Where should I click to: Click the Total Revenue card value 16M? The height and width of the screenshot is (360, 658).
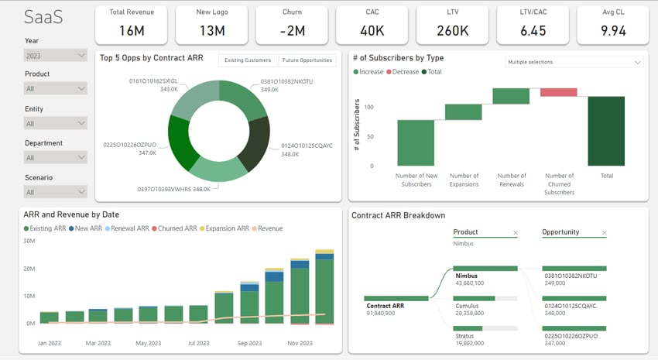pyautogui.click(x=131, y=30)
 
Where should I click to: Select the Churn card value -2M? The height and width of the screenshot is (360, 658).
pyautogui.click(x=291, y=30)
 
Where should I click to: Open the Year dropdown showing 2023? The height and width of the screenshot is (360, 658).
pyautogui.click(x=55, y=56)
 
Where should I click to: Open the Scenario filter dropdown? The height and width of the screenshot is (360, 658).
pyautogui.click(x=55, y=191)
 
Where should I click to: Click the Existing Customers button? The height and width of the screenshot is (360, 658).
pyautogui.click(x=247, y=60)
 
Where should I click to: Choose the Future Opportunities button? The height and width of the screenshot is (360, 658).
pyautogui.click(x=307, y=60)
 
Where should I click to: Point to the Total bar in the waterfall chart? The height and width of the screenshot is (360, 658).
pyautogui.click(x=606, y=131)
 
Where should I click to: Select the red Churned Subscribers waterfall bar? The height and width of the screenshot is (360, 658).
pyautogui.click(x=558, y=93)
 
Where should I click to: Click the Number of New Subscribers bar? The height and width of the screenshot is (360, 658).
pyautogui.click(x=416, y=142)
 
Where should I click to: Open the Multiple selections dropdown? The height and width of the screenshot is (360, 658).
pyautogui.click(x=574, y=61)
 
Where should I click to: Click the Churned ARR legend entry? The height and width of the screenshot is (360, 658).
pyautogui.click(x=177, y=228)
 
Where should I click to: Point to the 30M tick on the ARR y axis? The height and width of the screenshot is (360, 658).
pyautogui.click(x=29, y=241)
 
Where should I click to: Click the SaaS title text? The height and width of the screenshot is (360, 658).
pyautogui.click(x=43, y=16)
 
